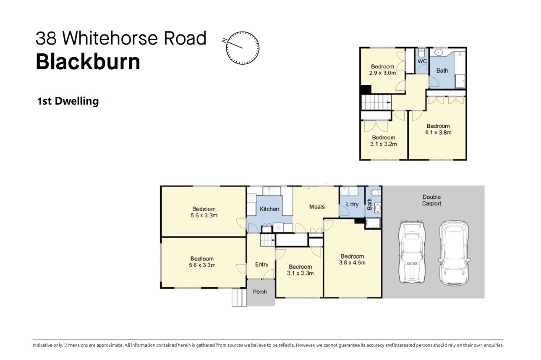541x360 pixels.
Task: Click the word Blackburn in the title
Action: coord(88,62)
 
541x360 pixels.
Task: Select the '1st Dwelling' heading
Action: coord(68,101)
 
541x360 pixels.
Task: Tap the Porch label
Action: coord(260,292)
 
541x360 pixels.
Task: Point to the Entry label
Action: coord(261,264)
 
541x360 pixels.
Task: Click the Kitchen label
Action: coord(269,209)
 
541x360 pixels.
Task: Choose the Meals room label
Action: coord(317,207)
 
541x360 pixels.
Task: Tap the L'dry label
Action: coord(352,204)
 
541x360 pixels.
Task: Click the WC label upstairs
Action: coord(422,61)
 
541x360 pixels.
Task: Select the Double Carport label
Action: coord(431,200)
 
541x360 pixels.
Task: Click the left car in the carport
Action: coord(412,252)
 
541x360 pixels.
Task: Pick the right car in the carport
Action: coord(454,253)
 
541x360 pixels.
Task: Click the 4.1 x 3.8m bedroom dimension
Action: coord(438,132)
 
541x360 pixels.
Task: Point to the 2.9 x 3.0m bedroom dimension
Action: coord(383,73)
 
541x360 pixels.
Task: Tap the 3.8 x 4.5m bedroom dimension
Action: coord(352,263)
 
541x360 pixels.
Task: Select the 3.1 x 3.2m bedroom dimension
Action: coord(384,144)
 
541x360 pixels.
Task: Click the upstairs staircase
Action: coord(376,102)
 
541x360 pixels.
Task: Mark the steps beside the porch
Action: coord(239,297)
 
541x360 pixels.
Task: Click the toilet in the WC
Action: coord(421,53)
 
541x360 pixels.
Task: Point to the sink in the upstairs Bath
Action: coord(438,52)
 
